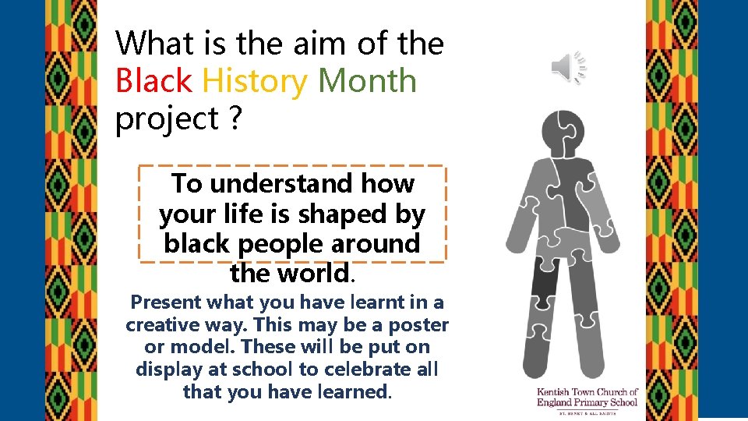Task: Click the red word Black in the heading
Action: pos(153,81)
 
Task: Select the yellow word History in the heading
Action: pos(254,81)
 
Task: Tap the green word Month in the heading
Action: pos(367,81)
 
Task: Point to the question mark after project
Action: pos(233,119)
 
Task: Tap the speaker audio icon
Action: pos(569,67)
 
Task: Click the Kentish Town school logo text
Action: pos(587,397)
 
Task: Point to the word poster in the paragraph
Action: pos(420,324)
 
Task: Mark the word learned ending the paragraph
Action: pos(351,392)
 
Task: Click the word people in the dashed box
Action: pos(282,244)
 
